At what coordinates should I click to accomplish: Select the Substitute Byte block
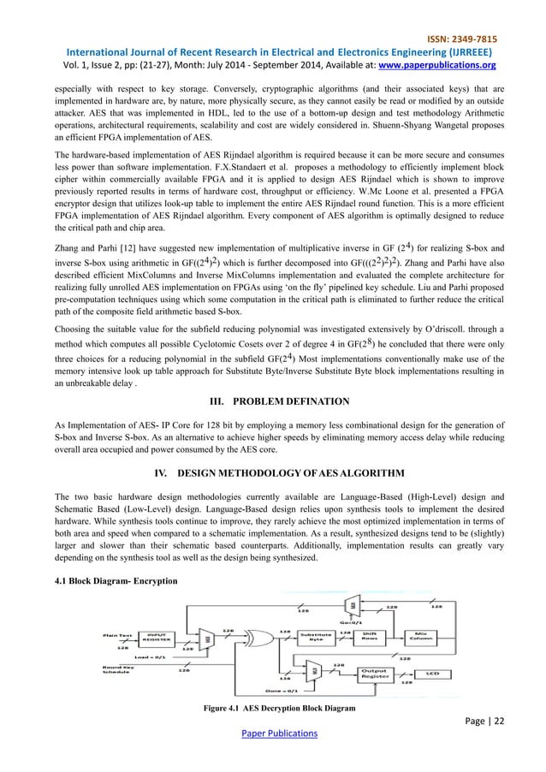[314, 635]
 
